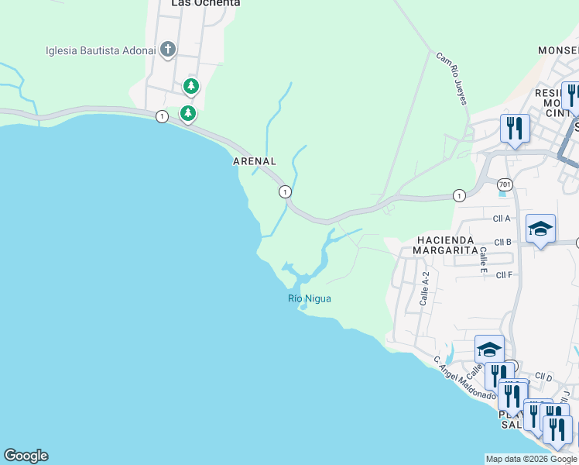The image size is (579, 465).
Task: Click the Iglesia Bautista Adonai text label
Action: coord(98,50)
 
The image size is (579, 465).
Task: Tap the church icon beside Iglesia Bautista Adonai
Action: coord(167,50)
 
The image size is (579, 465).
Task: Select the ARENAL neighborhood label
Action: coord(255,161)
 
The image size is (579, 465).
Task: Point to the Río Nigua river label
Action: coord(310,298)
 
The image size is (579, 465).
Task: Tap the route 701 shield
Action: coord(505,184)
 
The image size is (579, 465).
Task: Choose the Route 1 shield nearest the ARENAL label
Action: coord(285,191)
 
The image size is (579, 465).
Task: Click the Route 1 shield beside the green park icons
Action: coord(161,116)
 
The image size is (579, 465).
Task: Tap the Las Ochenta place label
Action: coord(205,4)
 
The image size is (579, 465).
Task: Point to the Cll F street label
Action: coord(504,274)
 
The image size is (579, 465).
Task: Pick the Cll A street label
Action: coord(502,219)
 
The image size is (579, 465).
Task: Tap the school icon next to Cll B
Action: coord(540,229)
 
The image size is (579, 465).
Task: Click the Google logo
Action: coord(26,456)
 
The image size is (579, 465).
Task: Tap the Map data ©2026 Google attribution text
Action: coord(531,459)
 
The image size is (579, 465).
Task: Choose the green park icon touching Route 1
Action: coord(188,114)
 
